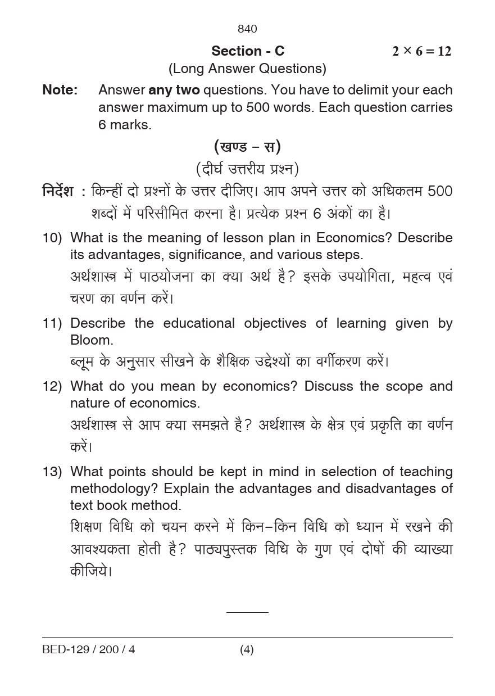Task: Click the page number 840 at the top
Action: tap(247, 29)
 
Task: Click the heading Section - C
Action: tap(248, 51)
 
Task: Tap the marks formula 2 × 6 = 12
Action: tap(421, 51)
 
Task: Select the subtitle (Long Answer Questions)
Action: tap(247, 69)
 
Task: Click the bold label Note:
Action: tap(60, 90)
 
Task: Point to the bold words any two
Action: tap(174, 90)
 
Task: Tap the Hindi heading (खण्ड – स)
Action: tap(247, 147)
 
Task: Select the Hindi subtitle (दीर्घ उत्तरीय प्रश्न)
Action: tap(247, 169)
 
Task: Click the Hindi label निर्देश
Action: tap(58, 192)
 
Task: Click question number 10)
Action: tap(52, 238)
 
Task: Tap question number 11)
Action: tap(52, 323)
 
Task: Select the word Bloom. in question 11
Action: tap(92, 340)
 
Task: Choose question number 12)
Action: tap(52, 386)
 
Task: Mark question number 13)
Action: tap(52, 472)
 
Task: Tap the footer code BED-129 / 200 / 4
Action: tap(88, 650)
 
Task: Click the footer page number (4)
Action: tap(247, 650)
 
